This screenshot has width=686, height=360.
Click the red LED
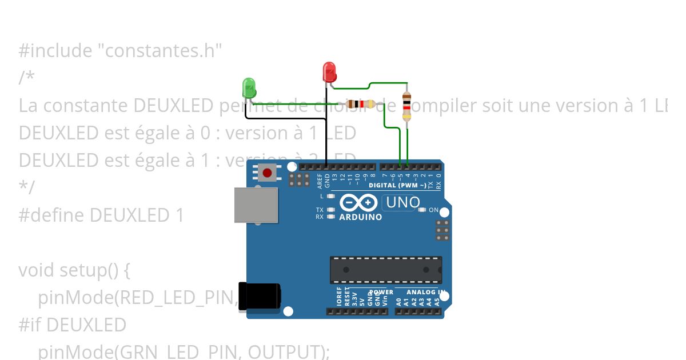[x=330, y=72]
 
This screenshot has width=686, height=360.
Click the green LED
[x=249, y=87]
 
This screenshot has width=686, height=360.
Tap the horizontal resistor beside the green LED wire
[x=361, y=104]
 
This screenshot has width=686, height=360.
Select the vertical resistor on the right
[x=406, y=106]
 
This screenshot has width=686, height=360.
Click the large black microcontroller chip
[x=385, y=270]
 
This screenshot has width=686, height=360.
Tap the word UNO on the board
[x=403, y=202]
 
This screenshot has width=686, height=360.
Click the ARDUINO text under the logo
[x=361, y=217]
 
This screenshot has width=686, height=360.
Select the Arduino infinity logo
[x=358, y=203]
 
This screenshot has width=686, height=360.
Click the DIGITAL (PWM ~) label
[x=397, y=186]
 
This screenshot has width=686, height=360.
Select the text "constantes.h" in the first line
[x=160, y=51]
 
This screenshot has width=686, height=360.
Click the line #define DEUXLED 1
[x=101, y=215]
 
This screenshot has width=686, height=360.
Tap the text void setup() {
[x=74, y=270]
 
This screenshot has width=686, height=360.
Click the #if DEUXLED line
[x=72, y=325]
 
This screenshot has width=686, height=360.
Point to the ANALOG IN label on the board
[x=426, y=292]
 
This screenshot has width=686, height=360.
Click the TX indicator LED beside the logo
[x=330, y=210]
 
